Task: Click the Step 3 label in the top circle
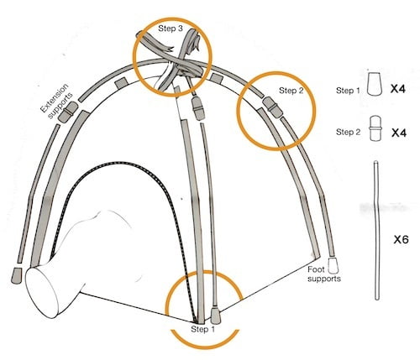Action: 171,29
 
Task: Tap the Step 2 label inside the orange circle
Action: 291,91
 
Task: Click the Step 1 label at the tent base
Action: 202,329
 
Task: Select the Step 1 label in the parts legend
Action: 348,91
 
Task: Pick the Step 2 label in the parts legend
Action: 349,132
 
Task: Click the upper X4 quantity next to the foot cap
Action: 398,89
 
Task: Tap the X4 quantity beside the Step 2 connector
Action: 399,133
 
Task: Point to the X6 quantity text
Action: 402,239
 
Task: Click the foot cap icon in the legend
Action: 375,85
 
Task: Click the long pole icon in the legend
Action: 377,230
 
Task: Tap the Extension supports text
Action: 56,102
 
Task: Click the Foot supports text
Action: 324,274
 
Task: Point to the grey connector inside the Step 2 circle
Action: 272,107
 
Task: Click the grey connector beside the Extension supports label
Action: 69,112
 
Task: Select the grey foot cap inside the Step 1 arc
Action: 216,315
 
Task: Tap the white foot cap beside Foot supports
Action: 333,265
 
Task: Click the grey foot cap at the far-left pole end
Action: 17,275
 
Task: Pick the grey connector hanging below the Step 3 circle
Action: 198,108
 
